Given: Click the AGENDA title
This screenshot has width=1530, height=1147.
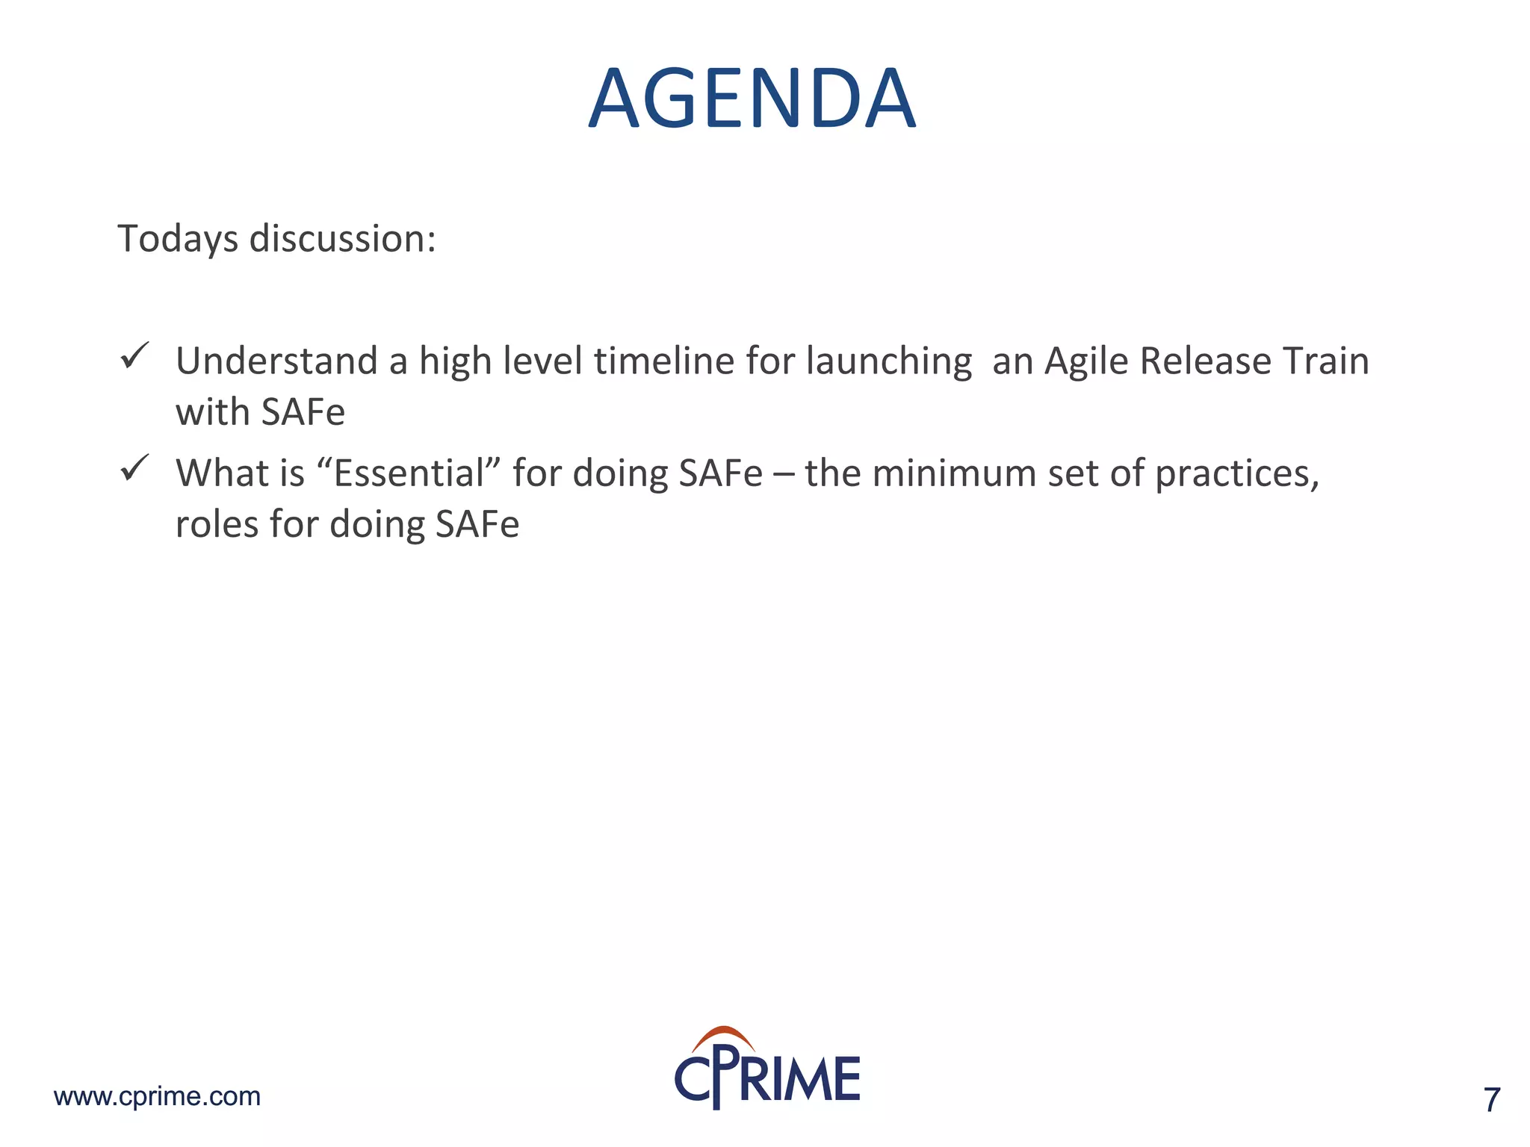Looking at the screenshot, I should pyautogui.click(x=752, y=99).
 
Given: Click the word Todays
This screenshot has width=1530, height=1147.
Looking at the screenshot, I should pyautogui.click(x=178, y=240).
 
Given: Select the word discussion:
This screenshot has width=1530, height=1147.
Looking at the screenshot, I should pyautogui.click(x=342, y=240).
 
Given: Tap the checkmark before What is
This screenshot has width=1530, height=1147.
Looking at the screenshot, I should pyautogui.click(x=134, y=468).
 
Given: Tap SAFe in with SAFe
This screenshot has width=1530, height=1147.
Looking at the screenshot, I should pyautogui.click(x=303, y=412).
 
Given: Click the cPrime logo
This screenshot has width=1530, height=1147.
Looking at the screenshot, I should pyautogui.click(x=767, y=1075).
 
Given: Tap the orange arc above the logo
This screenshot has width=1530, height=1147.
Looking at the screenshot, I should pyautogui.click(x=723, y=1036).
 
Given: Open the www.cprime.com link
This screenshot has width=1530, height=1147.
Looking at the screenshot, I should pyautogui.click(x=157, y=1096).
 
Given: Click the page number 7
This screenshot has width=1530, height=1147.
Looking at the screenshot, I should pyautogui.click(x=1491, y=1100).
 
